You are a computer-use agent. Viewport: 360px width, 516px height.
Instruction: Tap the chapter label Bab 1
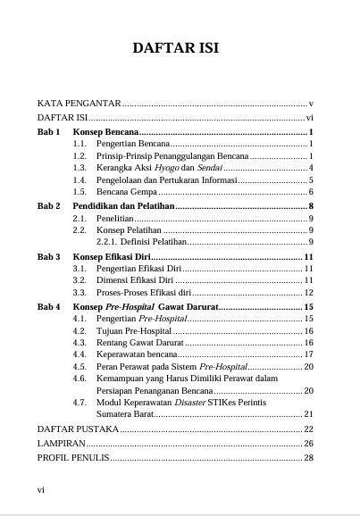coord(48,130)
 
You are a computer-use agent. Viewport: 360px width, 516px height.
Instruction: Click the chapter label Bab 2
coord(48,205)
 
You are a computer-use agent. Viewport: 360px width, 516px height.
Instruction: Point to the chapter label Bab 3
coord(48,256)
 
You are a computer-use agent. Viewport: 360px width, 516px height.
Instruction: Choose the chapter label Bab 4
coord(48,306)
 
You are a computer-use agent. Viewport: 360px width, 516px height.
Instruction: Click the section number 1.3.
coord(80,167)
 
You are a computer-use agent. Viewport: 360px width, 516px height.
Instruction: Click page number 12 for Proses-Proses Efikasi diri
coord(308,292)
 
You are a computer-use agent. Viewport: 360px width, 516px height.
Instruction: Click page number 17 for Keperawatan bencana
coord(308,354)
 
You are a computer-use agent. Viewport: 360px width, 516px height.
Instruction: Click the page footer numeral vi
coord(40,489)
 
